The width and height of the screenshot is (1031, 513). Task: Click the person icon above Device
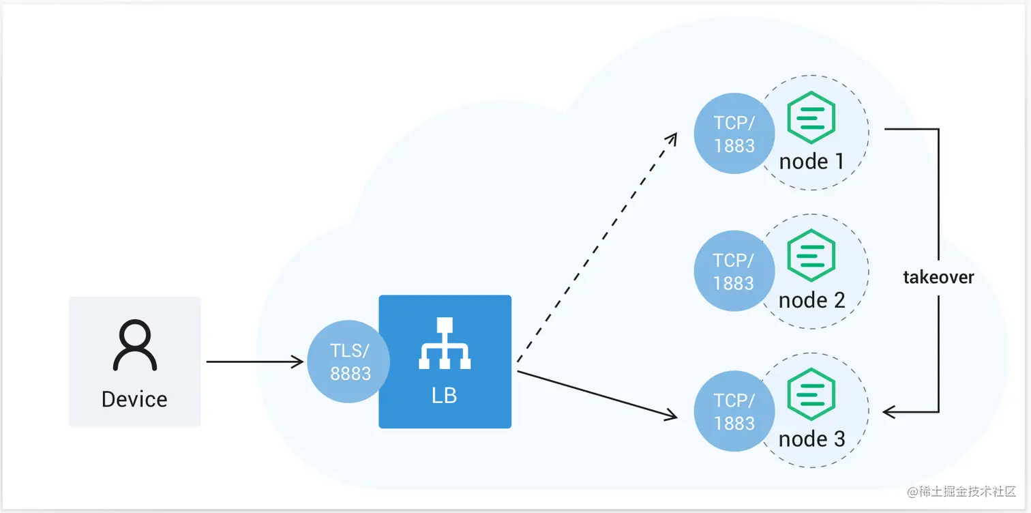[135, 347]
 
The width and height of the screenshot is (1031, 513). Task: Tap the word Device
[134, 399]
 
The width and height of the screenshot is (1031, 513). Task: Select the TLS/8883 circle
[349, 362]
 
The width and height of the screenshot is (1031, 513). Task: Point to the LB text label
[445, 396]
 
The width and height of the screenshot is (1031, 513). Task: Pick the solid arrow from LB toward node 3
[597, 393]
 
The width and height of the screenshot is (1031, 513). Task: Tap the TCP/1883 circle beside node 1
[734, 134]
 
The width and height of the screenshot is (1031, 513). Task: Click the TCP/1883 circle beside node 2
[734, 272]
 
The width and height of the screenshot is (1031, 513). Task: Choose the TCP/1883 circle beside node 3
[734, 411]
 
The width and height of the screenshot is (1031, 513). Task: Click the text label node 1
[811, 162]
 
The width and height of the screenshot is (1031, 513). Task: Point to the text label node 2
[811, 300]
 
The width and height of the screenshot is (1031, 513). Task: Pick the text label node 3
[811, 439]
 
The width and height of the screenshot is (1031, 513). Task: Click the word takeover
[938, 278]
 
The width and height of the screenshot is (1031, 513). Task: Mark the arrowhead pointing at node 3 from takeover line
[888, 412]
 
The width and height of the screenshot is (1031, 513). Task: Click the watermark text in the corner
[961, 492]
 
